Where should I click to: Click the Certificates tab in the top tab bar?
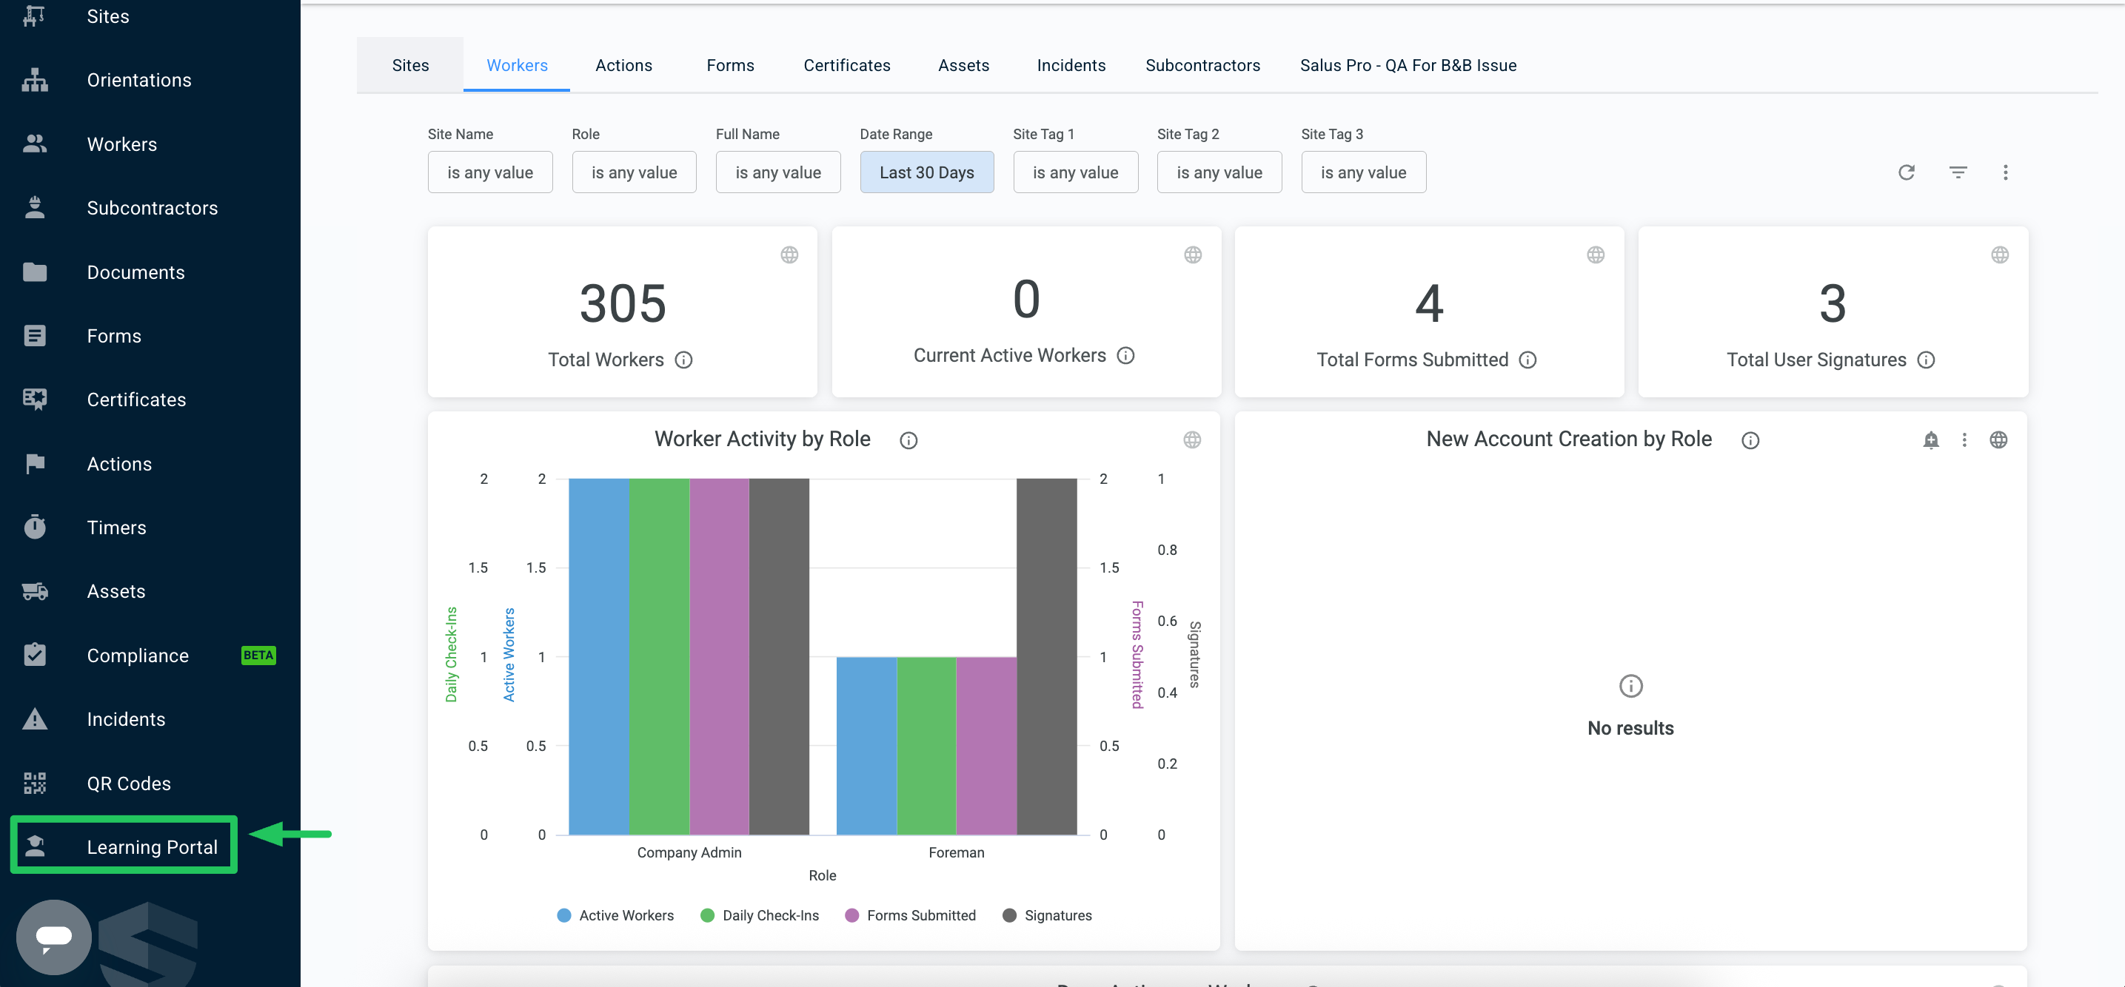pyautogui.click(x=846, y=65)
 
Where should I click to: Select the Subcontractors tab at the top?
pyautogui.click(x=1202, y=65)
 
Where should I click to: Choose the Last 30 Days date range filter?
pyautogui.click(x=926, y=172)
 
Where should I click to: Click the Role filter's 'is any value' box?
pyautogui.click(x=634, y=172)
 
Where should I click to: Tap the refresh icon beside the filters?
pyautogui.click(x=1906, y=172)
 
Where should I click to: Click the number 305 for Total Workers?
pyautogui.click(x=623, y=303)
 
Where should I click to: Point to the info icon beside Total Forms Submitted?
pyautogui.click(x=1527, y=360)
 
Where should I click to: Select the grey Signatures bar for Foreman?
pyautogui.click(x=1046, y=656)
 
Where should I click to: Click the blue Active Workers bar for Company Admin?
pyautogui.click(x=599, y=656)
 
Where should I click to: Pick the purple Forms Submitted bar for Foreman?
pyautogui.click(x=986, y=745)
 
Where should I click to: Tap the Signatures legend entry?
pyautogui.click(x=1047, y=915)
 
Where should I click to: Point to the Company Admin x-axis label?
pyautogui.click(x=689, y=852)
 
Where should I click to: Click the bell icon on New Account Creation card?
pyautogui.click(x=1930, y=439)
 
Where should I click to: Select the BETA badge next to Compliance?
pyautogui.click(x=258, y=655)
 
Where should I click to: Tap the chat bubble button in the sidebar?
pyautogui.click(x=53, y=937)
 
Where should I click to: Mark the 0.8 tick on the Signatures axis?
pyautogui.click(x=1166, y=550)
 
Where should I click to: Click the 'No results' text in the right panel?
pyautogui.click(x=1630, y=728)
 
